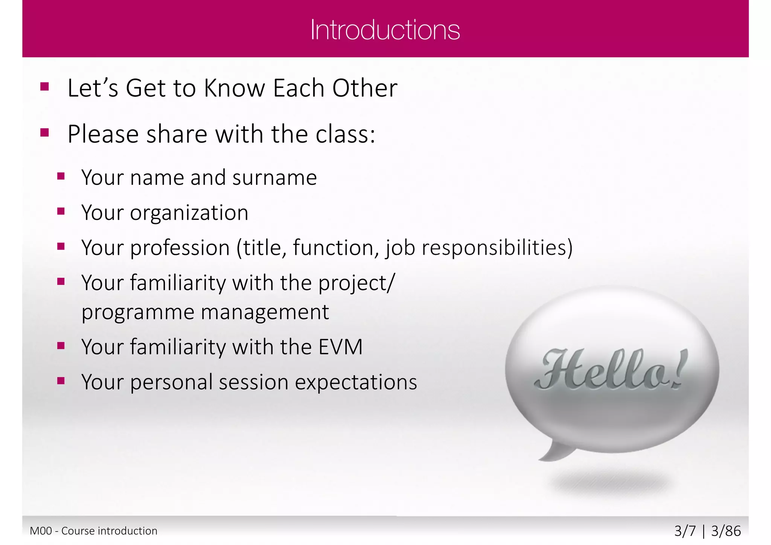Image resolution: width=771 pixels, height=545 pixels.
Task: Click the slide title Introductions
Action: (385, 30)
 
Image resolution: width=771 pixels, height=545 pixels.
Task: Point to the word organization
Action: (189, 213)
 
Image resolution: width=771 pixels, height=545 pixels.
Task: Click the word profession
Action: (180, 248)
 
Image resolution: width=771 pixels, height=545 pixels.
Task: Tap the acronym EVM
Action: (340, 347)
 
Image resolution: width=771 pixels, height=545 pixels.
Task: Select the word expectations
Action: (356, 382)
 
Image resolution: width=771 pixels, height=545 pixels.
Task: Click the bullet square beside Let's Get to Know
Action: (45, 87)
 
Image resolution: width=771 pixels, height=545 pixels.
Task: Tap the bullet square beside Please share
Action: (45, 133)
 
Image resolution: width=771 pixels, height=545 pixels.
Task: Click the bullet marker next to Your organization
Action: (61, 211)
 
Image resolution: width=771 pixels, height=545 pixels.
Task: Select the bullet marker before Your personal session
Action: (61, 381)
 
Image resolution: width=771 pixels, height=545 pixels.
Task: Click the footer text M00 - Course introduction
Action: (93, 531)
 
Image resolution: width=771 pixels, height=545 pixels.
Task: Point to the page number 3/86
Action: (726, 531)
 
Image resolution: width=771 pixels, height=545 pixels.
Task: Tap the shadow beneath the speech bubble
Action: (610, 484)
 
